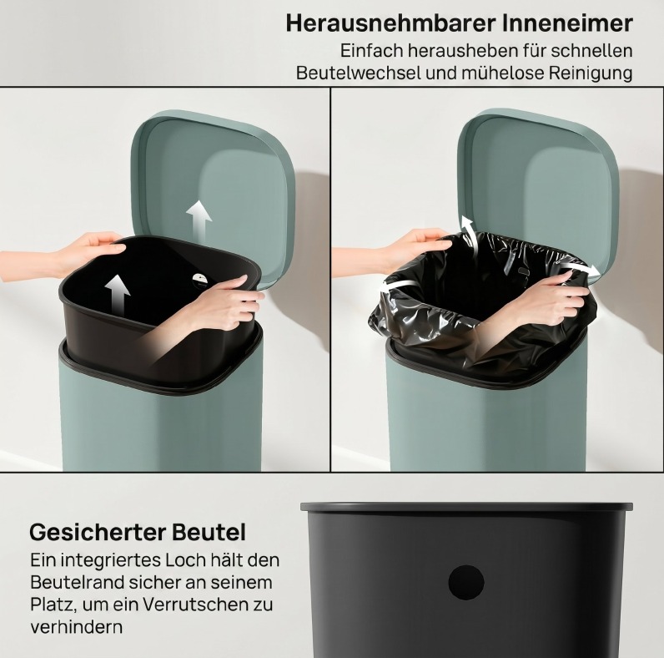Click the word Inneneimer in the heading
[x=568, y=23]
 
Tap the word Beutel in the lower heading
[x=209, y=532]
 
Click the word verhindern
[x=76, y=626]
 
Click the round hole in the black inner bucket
[x=465, y=583]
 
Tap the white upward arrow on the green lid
[x=199, y=220]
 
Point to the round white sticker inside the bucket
[x=200, y=280]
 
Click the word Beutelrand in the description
[x=76, y=583]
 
